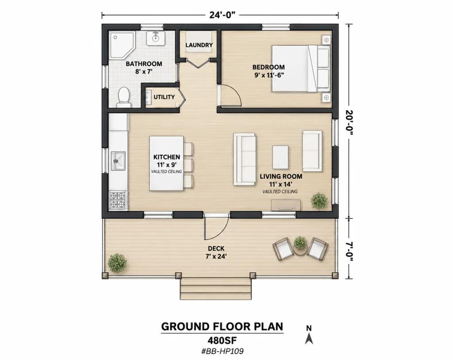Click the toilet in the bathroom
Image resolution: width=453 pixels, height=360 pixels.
(124, 97)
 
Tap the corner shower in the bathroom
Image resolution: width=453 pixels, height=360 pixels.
(122, 45)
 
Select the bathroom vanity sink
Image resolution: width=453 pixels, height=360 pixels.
(155, 39)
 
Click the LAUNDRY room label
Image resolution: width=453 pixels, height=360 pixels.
(199, 45)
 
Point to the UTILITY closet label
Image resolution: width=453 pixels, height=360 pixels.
(164, 97)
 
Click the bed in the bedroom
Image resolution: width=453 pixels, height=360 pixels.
(301, 69)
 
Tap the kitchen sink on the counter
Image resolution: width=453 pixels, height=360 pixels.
(118, 161)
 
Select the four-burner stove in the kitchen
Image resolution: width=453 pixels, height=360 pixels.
(118, 200)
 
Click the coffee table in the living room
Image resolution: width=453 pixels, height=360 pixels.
(280, 157)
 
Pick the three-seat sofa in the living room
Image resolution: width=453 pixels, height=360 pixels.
(245, 159)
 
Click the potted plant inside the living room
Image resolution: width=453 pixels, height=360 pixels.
(319, 201)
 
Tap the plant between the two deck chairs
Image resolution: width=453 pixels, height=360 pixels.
(300, 243)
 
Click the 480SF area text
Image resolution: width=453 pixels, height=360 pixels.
(222, 340)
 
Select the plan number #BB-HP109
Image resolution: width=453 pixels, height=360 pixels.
(222, 351)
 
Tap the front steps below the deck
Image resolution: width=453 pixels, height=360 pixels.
(216, 289)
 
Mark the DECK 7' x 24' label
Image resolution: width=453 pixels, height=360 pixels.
(216, 252)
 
